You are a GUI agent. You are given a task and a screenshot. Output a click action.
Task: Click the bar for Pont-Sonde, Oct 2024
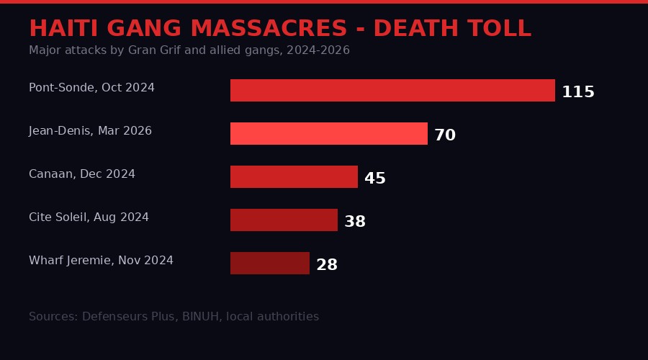point(392,91)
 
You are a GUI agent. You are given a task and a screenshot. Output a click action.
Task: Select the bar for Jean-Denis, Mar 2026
point(329,134)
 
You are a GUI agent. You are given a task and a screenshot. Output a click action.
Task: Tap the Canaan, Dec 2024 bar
point(294,177)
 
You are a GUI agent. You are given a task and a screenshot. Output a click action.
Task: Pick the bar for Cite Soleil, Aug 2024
point(284,220)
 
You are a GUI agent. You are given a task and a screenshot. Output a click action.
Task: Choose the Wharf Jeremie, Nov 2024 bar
point(270,264)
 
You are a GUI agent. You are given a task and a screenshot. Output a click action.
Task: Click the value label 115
point(578,92)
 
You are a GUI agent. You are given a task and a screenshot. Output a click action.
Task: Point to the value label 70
point(445,135)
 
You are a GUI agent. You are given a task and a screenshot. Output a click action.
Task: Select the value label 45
point(375,179)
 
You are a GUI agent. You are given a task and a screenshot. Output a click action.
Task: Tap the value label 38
point(355,222)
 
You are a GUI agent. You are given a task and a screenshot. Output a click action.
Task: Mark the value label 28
point(327,265)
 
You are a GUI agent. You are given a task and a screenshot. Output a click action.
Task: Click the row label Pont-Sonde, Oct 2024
point(91,88)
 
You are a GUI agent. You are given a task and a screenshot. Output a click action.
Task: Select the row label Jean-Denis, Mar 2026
point(90,131)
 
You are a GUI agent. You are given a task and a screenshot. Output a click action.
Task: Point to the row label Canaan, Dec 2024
point(82,174)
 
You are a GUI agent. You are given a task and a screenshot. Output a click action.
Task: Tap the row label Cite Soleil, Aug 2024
point(89,217)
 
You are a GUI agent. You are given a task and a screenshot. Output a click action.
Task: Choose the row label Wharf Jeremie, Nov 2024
point(101,261)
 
